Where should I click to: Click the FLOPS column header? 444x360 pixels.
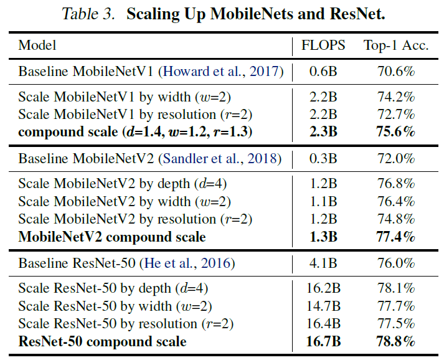pos(324,45)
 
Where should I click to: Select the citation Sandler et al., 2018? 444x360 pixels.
pos(221,159)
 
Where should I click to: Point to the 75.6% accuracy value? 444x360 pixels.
pos(396,132)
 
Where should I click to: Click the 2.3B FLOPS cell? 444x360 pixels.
pos(324,132)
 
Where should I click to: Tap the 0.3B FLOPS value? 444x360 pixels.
pos(324,159)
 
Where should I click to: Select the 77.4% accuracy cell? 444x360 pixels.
pos(396,237)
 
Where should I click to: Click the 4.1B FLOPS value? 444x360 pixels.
pos(324,263)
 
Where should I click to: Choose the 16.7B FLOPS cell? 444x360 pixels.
pos(324,341)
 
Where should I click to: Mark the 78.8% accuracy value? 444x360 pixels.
pos(396,341)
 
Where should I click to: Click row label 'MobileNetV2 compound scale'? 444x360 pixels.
pos(112,237)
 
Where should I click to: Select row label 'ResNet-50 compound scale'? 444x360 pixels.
pos(102,341)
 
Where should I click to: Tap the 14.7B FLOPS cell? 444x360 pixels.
pos(324,306)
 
